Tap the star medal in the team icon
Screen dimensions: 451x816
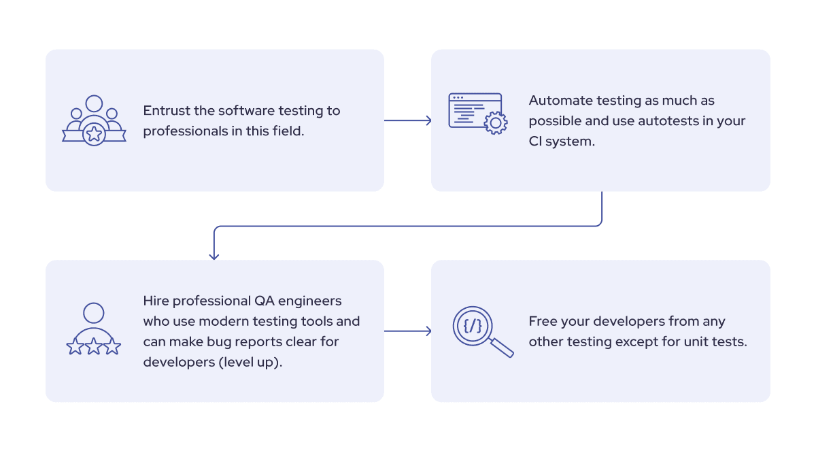coord(94,134)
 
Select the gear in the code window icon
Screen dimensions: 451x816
coord(495,122)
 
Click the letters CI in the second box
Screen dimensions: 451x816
coord(537,142)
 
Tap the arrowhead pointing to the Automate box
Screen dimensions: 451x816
coord(428,120)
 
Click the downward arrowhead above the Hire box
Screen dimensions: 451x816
coord(214,256)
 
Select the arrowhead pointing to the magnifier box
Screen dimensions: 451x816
coord(428,331)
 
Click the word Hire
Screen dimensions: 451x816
coord(156,301)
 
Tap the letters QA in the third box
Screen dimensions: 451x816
coord(264,301)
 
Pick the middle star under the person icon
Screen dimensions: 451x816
coord(94,347)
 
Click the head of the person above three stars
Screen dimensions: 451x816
coord(94,314)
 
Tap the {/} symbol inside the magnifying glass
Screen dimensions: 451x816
coord(473,326)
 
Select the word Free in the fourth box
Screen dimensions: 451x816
coord(543,321)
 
